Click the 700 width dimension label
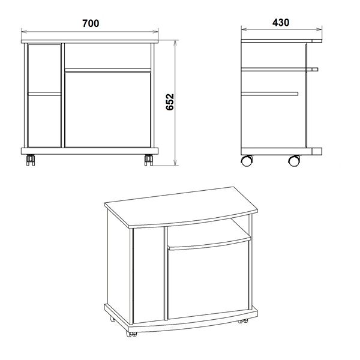[91, 23]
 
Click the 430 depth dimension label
[281, 23]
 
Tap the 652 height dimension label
[170, 102]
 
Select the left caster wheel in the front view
[31, 160]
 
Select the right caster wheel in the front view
[149, 160]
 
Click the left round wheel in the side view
[247, 160]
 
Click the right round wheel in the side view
[294, 160]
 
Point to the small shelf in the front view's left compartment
[44, 94]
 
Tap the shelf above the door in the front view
[107, 70]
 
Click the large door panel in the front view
[107, 110]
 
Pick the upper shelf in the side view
[280, 70]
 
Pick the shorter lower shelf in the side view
[270, 94]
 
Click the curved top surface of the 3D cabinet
[181, 207]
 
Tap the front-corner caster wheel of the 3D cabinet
[131, 334]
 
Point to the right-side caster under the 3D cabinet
[243, 321]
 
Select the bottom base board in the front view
[89, 151]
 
